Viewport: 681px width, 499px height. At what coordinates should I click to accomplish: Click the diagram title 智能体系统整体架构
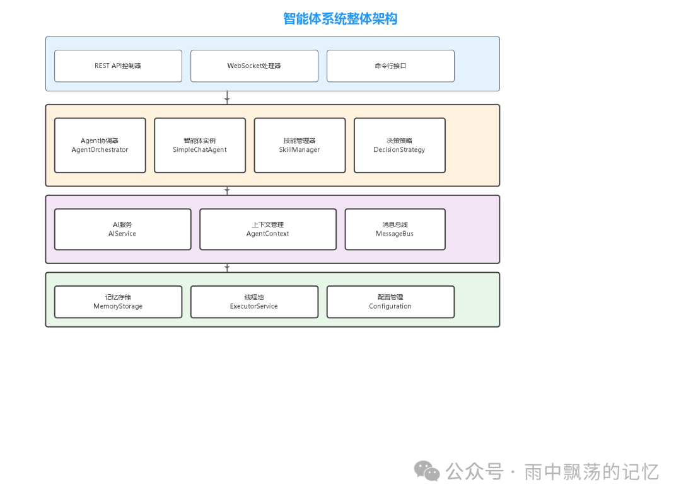coord(340,19)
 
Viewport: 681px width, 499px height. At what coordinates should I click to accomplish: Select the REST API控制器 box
coord(118,66)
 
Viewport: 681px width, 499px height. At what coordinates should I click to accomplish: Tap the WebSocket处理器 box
coord(254,66)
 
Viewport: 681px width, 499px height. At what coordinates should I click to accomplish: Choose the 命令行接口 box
coord(390,66)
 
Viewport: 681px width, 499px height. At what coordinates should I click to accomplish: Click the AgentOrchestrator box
coord(100,145)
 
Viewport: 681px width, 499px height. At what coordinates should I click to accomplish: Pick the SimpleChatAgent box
coord(200,145)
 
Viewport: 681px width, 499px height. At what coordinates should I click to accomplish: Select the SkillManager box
coord(300,145)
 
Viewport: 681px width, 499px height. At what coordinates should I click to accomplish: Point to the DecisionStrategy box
coord(399,145)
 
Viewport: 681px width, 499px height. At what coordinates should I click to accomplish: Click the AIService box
coord(122,229)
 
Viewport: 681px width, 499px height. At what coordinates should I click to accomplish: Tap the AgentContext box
coord(268,229)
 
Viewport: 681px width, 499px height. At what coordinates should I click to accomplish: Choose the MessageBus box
coord(395,229)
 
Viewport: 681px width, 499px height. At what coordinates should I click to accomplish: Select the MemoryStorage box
coord(118,302)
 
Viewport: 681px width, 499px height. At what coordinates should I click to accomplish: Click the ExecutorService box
coord(254,302)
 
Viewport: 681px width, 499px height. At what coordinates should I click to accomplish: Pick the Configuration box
coord(390,302)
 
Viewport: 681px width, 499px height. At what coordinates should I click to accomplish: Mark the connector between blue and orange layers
coord(227,98)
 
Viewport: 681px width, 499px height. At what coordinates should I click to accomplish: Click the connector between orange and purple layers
coord(227,190)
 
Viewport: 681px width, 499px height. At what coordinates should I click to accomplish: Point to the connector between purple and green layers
coord(227,268)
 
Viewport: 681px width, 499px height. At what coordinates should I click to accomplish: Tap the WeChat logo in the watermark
coord(427,471)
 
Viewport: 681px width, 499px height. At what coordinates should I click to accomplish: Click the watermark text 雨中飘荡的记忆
coord(591,471)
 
